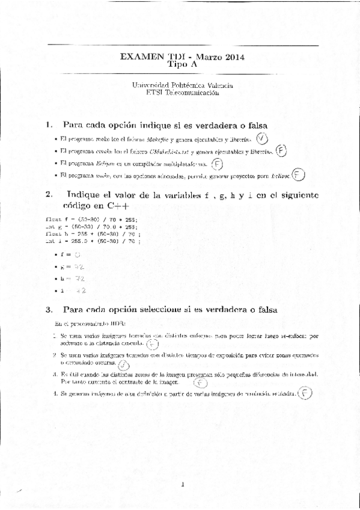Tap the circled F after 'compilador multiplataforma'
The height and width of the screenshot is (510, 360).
click(217, 164)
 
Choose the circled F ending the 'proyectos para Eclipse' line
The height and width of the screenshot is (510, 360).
click(299, 176)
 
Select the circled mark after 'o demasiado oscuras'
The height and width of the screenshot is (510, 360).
click(124, 364)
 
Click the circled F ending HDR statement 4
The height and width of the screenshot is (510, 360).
click(306, 395)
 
